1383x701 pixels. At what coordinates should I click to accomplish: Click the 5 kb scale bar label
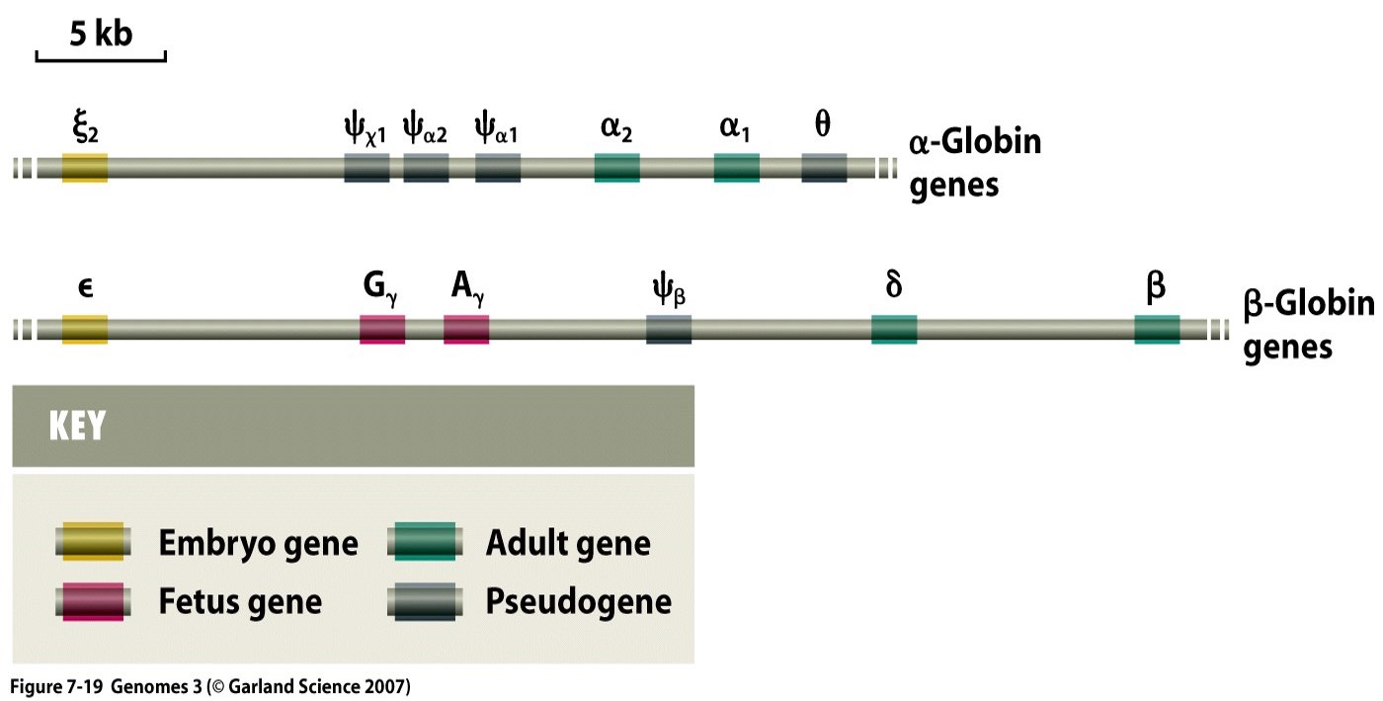click(101, 34)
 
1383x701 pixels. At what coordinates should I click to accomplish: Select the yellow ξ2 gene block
click(85, 168)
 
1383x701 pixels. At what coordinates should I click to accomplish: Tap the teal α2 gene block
click(616, 168)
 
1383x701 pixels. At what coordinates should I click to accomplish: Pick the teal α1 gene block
click(737, 168)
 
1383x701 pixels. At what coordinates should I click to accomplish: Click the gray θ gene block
click(824, 168)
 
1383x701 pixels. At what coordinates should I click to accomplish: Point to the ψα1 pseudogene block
click(498, 168)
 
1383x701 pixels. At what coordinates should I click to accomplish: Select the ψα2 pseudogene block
click(426, 168)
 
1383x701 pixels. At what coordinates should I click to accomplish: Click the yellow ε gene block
click(85, 330)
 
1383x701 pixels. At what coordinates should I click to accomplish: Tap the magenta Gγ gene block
click(382, 330)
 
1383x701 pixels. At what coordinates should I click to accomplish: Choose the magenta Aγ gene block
click(466, 330)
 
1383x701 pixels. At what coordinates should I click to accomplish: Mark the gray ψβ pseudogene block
click(669, 330)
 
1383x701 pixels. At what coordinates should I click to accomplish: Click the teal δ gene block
click(894, 330)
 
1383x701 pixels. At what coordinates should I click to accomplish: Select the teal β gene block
click(1157, 330)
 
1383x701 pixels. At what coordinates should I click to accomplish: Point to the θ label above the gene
click(822, 123)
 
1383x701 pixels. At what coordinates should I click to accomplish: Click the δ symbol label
click(893, 284)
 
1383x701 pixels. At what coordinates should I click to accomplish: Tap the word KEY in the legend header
click(77, 426)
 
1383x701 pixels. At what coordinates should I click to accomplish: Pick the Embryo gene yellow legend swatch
click(93, 541)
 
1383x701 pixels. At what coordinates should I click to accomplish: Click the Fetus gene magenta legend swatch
click(93, 601)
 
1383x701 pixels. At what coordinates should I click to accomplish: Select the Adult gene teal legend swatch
click(425, 541)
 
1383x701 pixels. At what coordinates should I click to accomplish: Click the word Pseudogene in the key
click(579, 601)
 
